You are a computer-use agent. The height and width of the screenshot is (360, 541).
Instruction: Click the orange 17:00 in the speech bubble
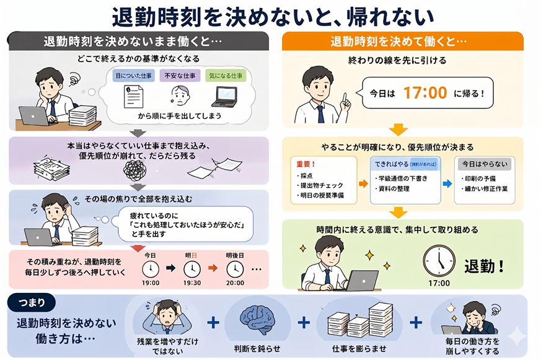coord(425,93)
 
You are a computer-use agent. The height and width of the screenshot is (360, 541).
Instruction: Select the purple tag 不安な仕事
coord(178,76)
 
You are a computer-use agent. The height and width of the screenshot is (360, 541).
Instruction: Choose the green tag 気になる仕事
coord(225,76)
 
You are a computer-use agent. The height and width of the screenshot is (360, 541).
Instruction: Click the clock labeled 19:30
coord(191,268)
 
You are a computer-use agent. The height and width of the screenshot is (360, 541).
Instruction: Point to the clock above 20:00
coord(234,268)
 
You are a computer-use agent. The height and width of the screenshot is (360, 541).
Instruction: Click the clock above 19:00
coord(151,268)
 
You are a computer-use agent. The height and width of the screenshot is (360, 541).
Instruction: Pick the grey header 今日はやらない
coord(485,164)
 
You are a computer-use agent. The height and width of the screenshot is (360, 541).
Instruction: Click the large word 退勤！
coord(485,266)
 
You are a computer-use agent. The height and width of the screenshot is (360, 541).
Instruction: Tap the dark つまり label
coord(31,302)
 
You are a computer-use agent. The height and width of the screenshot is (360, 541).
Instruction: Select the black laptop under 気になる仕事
coord(224,96)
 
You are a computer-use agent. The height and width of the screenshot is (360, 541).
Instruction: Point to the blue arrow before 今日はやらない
coord(447,184)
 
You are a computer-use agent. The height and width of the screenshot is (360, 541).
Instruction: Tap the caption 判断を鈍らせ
coord(257,347)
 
